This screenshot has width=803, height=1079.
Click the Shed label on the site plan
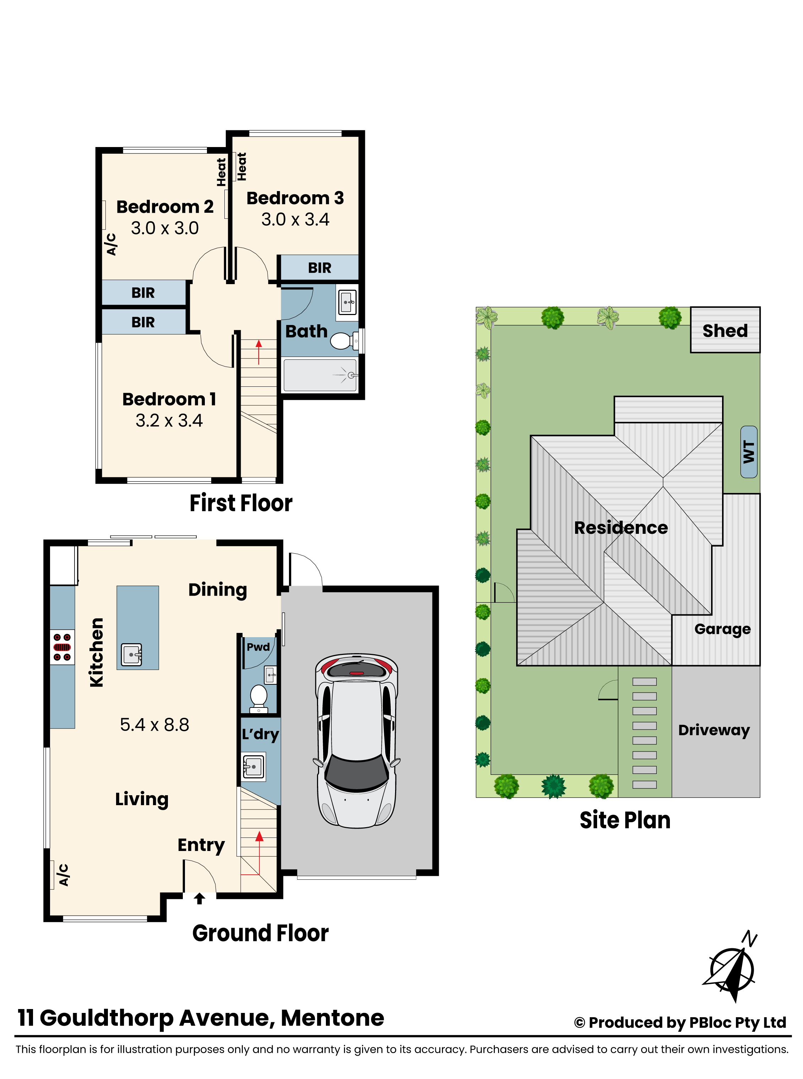point(725,331)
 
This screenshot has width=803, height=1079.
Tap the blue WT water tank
point(749,452)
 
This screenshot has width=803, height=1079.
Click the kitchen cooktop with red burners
point(62,647)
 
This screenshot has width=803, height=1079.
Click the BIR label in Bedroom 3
point(319,267)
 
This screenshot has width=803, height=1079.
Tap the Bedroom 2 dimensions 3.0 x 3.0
point(165,228)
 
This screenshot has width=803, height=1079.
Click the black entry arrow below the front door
point(199,898)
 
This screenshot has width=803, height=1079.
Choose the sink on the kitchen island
point(132,655)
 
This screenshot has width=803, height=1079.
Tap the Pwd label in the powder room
point(258,647)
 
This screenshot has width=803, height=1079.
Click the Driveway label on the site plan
point(714,730)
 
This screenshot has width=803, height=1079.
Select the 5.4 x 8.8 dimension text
point(154,725)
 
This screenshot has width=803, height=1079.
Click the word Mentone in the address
point(333,1018)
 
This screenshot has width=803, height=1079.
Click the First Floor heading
point(241,503)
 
